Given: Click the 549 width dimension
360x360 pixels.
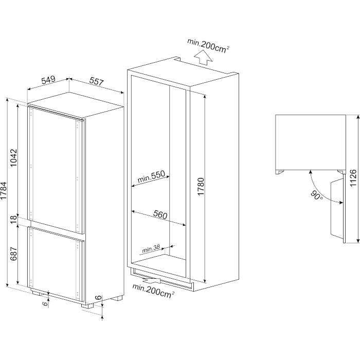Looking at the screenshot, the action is click(x=48, y=79).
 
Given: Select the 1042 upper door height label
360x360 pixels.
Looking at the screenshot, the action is click(x=14, y=158).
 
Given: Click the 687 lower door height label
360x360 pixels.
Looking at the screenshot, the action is click(x=14, y=254).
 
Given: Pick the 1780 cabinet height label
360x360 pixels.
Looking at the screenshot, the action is click(x=201, y=186).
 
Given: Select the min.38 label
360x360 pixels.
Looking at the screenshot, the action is click(x=151, y=249).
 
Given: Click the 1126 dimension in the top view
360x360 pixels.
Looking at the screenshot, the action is click(x=353, y=178).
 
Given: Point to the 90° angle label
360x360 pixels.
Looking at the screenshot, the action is click(x=317, y=195).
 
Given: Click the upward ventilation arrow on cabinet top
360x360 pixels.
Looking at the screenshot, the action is click(x=203, y=58).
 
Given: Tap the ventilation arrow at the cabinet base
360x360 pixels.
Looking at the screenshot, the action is click(x=151, y=280).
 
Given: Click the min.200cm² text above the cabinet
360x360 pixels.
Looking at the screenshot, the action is click(x=208, y=46).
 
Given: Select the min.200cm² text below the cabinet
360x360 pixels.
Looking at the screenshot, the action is click(x=153, y=291).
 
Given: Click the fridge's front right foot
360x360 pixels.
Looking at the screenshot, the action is click(x=87, y=306).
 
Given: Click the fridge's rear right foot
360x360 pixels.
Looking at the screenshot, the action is click(x=117, y=298).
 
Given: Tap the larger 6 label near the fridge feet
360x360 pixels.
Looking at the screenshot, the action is click(x=98, y=297).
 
